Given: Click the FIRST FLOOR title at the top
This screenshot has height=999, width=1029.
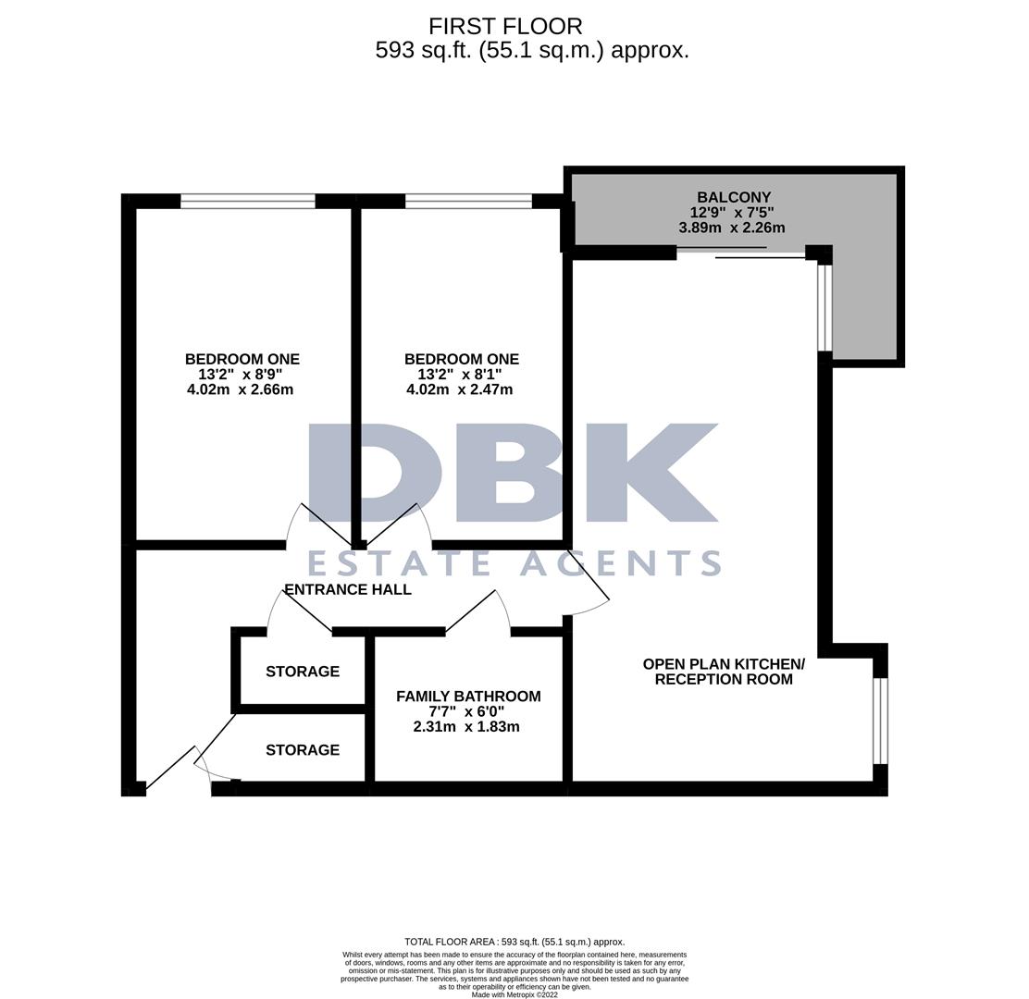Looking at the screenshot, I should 505,27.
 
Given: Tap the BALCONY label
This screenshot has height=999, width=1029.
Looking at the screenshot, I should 733,197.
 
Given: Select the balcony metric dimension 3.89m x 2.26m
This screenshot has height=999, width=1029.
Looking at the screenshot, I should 731,228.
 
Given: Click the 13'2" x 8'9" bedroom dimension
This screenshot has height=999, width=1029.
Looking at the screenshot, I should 240,375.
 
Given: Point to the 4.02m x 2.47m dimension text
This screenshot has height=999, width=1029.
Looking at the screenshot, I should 459,389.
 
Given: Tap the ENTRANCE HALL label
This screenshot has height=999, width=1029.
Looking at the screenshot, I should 348,589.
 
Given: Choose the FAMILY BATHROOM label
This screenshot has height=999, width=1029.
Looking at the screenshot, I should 468,696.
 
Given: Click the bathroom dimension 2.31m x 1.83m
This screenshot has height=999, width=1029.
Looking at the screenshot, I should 465,727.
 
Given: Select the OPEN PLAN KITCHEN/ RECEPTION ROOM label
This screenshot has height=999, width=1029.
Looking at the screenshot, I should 724,672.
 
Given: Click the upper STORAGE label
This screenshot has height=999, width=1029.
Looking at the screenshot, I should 303,672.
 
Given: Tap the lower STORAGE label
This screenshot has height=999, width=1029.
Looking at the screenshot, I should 303,750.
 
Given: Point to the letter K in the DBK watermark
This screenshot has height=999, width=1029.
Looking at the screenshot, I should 657,472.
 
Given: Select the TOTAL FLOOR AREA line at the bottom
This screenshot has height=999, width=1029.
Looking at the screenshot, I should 514,942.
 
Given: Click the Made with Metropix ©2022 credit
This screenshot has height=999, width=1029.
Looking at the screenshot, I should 514,994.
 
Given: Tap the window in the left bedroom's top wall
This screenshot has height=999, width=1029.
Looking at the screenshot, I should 247,201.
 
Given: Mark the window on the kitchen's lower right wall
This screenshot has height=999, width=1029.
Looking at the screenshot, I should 880,721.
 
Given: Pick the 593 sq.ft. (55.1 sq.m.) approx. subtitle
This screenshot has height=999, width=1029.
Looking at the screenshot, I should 532,50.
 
